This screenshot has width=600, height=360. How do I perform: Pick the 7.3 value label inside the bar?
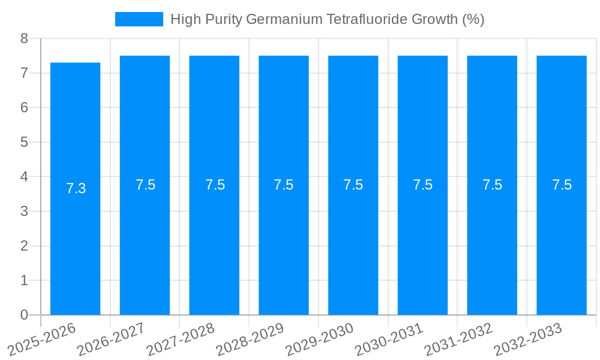coord(76,188)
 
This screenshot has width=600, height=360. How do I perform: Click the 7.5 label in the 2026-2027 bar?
coord(145,185)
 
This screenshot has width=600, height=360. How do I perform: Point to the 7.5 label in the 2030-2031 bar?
coord(423,185)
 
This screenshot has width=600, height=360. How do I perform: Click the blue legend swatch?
coord(139,19)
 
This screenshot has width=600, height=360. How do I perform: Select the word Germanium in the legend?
coord(285,19)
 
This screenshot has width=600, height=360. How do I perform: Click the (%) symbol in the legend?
coord(473,19)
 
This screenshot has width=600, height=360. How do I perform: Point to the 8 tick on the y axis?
coord(24,38)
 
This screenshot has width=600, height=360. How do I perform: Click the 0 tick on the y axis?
coord(24,315)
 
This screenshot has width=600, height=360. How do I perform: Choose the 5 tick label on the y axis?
coord(24,142)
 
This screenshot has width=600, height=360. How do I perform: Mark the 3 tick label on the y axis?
coord(24,211)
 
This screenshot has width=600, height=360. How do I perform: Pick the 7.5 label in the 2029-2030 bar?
coord(353,185)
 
